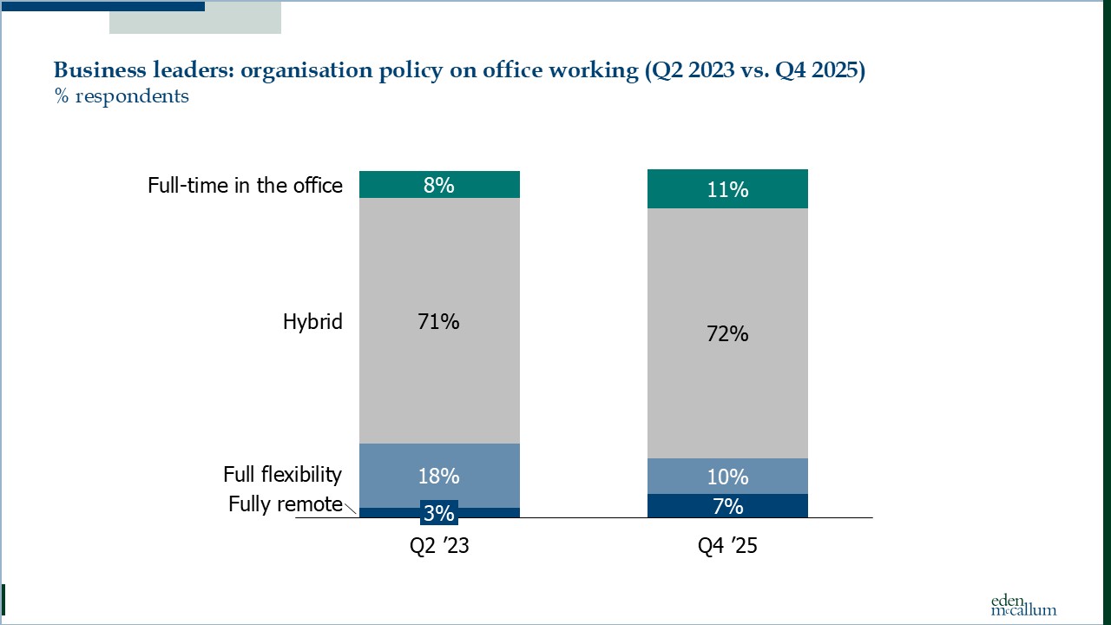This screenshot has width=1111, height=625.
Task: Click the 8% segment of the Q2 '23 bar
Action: [x=438, y=184]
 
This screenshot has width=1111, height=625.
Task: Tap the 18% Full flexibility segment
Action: [x=438, y=476]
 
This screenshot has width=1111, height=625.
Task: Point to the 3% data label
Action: [x=438, y=513]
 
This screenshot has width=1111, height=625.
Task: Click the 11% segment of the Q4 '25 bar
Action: [x=727, y=189]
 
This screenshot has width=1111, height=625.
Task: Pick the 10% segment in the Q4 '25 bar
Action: [x=727, y=477]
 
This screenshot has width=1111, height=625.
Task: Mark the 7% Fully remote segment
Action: [x=727, y=506]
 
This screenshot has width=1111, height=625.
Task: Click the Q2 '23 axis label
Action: [x=438, y=548]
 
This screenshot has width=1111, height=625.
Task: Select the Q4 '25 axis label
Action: [x=727, y=548]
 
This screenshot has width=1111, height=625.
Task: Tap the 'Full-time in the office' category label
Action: [x=245, y=186]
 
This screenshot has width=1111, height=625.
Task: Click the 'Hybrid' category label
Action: [x=312, y=322]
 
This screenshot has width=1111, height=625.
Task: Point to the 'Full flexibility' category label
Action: [x=282, y=475]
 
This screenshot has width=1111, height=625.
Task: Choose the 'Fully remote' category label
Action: [x=285, y=504]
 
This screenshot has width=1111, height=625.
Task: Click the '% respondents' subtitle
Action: [x=122, y=96]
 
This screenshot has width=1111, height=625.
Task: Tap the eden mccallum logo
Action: [x=1023, y=605]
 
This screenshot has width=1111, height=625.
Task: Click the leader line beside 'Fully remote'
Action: [x=351, y=510]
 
